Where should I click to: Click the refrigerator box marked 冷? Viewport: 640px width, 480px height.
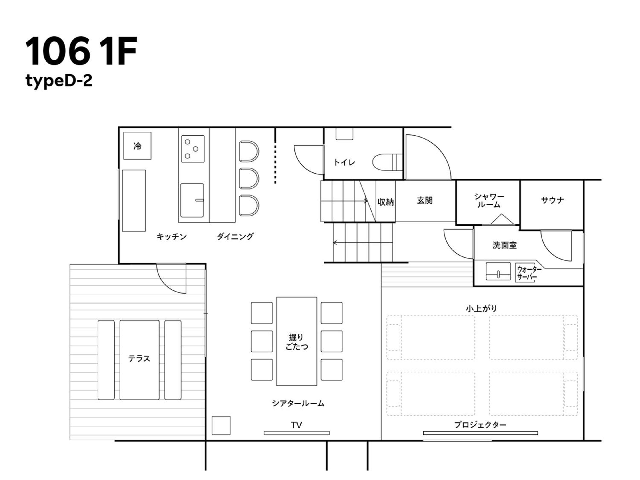137,146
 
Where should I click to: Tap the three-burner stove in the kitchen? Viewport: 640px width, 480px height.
193,149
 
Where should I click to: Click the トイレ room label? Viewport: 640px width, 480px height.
344,162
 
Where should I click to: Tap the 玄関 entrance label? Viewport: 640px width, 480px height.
425,200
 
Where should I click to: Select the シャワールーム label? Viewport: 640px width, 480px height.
489,200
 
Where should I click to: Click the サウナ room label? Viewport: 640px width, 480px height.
552,200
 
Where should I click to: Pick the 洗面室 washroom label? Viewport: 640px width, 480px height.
504,245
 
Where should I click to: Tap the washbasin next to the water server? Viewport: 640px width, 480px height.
498,271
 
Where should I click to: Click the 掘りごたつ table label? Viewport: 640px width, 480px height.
297,342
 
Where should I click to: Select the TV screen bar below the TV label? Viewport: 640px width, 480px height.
297,433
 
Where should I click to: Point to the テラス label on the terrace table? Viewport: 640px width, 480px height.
139,358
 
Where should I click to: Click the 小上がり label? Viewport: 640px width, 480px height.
481,309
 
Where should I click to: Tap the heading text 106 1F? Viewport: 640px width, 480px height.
81,51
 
